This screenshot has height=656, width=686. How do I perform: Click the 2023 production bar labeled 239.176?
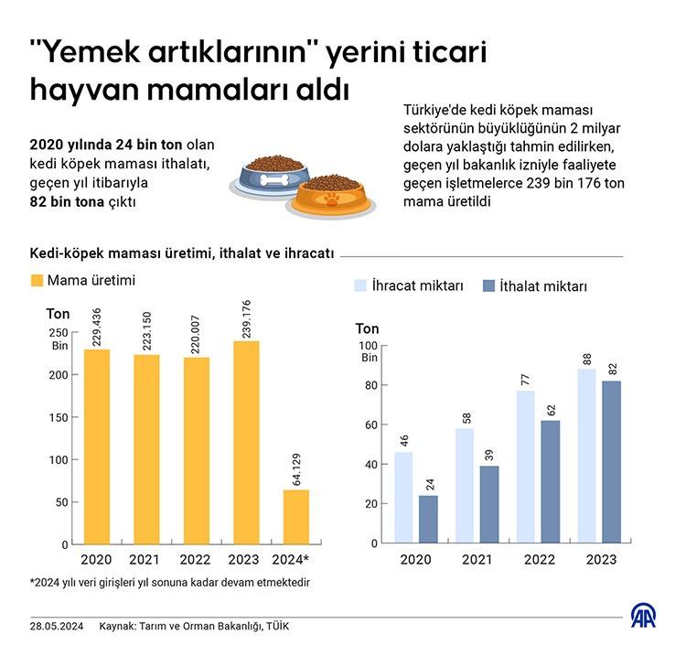246,443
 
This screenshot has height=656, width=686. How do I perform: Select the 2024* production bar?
296,517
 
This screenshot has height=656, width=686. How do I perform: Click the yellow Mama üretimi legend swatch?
37,280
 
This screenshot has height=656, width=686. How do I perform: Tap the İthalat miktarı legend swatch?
487,285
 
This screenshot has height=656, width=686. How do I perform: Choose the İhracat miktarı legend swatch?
359,285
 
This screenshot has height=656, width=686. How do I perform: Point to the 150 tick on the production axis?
58,417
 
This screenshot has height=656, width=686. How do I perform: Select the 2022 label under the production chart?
196,560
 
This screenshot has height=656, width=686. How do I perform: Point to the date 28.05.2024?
57,626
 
